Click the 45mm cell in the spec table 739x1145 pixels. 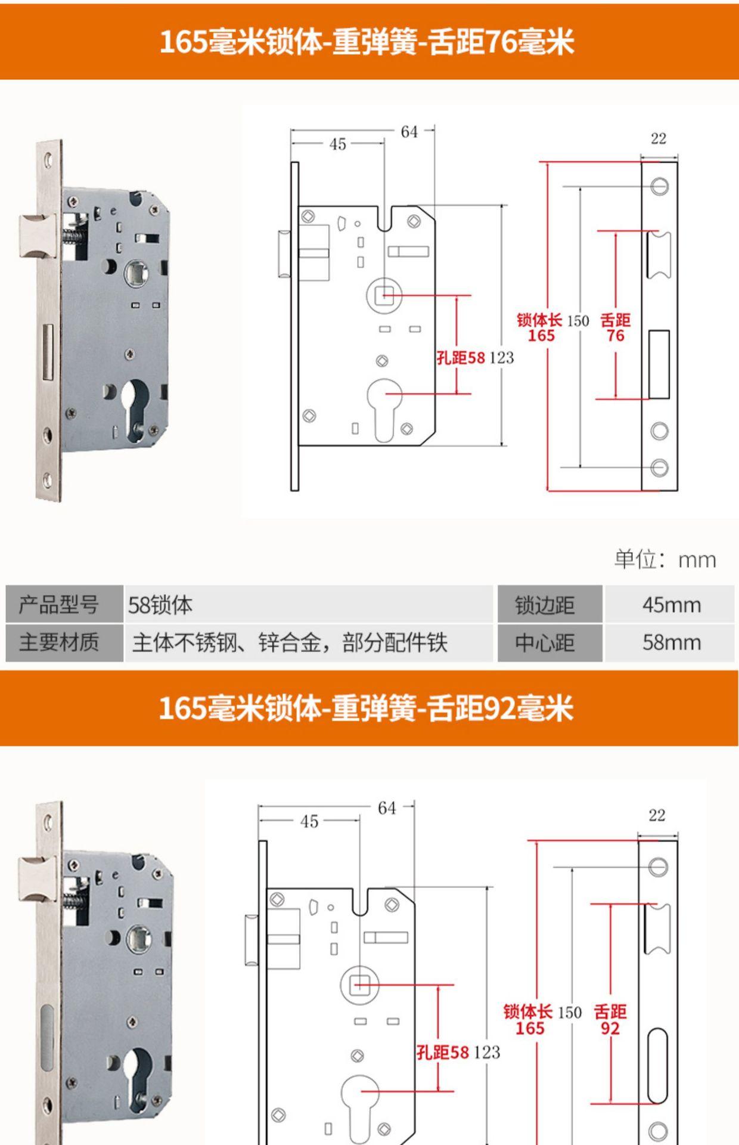671,605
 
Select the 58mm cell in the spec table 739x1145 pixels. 671,643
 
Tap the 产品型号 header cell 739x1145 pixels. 59,605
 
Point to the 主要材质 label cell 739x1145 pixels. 59,643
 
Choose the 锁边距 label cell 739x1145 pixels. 545,605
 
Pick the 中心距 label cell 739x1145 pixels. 545,643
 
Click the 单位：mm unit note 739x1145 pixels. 665,560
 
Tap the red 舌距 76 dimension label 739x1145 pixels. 615,328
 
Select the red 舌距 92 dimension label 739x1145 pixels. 610,1020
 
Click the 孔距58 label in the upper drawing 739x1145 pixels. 461,358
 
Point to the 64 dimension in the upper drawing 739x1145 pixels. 409,132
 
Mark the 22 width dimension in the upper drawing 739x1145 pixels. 658,139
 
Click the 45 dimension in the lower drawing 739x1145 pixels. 309,822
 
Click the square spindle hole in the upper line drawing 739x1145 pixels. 385,295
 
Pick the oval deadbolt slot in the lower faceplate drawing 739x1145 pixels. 657,1066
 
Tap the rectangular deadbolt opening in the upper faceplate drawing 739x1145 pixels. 659,364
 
